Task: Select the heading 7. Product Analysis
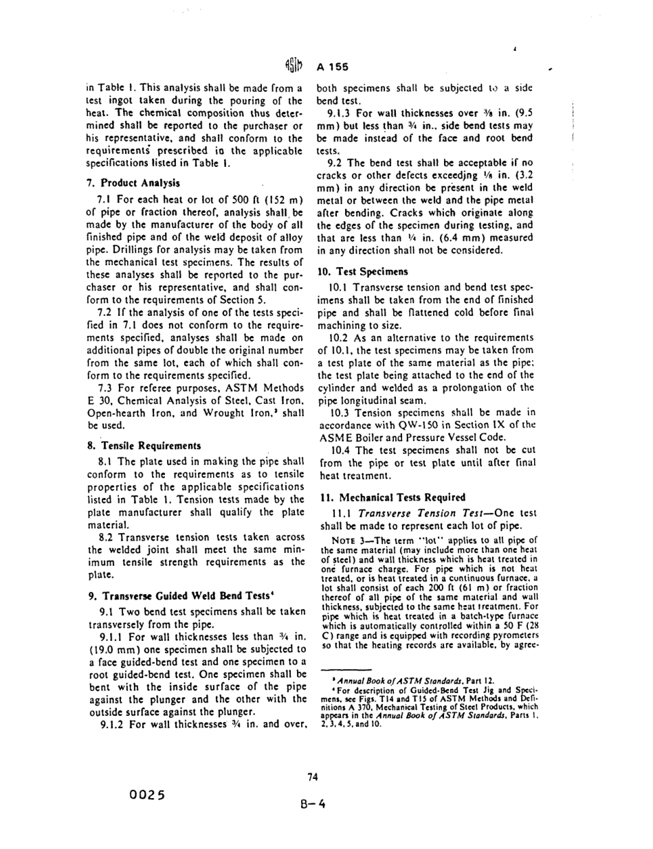131,183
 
